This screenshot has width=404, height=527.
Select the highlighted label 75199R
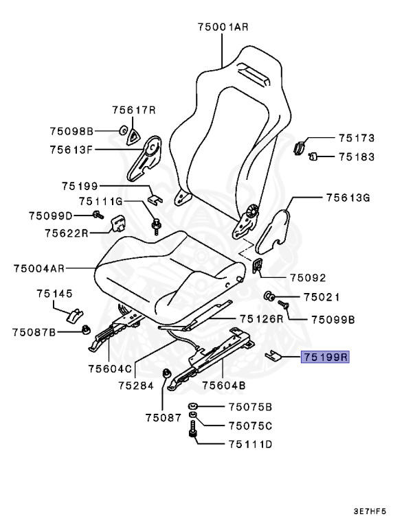point(325,357)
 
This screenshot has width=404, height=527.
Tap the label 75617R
point(134,110)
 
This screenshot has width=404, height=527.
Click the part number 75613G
point(348,198)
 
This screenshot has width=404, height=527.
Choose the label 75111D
point(250,444)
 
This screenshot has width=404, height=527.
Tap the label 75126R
point(261,318)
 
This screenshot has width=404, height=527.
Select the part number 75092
point(307,278)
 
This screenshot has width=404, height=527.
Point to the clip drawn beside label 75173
point(300,145)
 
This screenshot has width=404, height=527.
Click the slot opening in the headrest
point(252,73)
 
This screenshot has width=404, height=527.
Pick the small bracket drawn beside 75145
point(74,314)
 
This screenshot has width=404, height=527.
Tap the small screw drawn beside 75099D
point(97,215)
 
